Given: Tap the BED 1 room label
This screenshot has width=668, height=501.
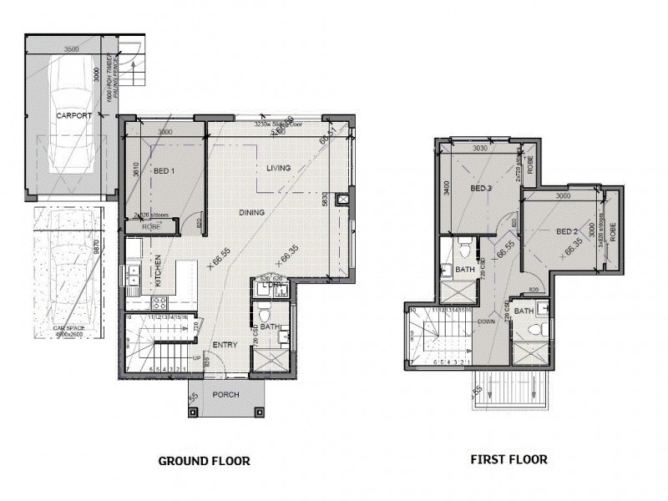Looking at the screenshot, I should click(x=164, y=172).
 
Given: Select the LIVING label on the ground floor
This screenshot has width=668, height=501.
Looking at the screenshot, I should click(x=278, y=168).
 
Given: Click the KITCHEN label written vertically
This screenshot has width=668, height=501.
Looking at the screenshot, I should click(x=156, y=273).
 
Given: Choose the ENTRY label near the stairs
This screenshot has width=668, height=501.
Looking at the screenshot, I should click(x=225, y=344).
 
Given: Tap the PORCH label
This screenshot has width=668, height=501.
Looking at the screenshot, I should click(x=225, y=395).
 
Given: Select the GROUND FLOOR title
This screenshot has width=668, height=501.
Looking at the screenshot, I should click(x=204, y=460).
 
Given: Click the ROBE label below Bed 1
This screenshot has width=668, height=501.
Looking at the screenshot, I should click(x=152, y=226).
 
